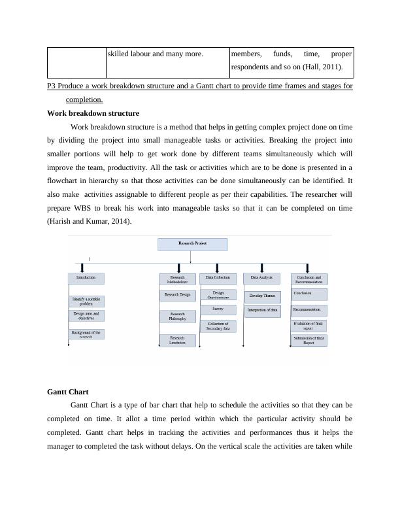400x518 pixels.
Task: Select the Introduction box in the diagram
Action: [x=86, y=278]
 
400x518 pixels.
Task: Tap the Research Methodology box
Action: [x=177, y=279]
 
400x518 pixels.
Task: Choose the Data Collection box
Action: [x=218, y=278]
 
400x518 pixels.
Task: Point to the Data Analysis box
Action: [x=261, y=278]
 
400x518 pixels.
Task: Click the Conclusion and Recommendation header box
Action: [x=308, y=279]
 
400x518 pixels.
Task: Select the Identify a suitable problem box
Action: [x=86, y=302]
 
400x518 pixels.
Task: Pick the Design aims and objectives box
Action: [x=86, y=316]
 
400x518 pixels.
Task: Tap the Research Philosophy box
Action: [x=177, y=317]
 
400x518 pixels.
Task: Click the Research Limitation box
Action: [x=177, y=340]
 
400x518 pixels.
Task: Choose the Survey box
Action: [x=218, y=309]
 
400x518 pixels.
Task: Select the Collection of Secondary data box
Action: [x=218, y=326]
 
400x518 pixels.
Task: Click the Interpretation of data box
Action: [x=262, y=311]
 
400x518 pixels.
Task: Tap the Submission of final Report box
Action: [x=308, y=340]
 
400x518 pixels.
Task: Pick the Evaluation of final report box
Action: [x=308, y=325]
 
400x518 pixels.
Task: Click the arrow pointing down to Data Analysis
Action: [x=262, y=268]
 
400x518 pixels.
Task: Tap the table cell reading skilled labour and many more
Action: [x=155, y=54]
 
